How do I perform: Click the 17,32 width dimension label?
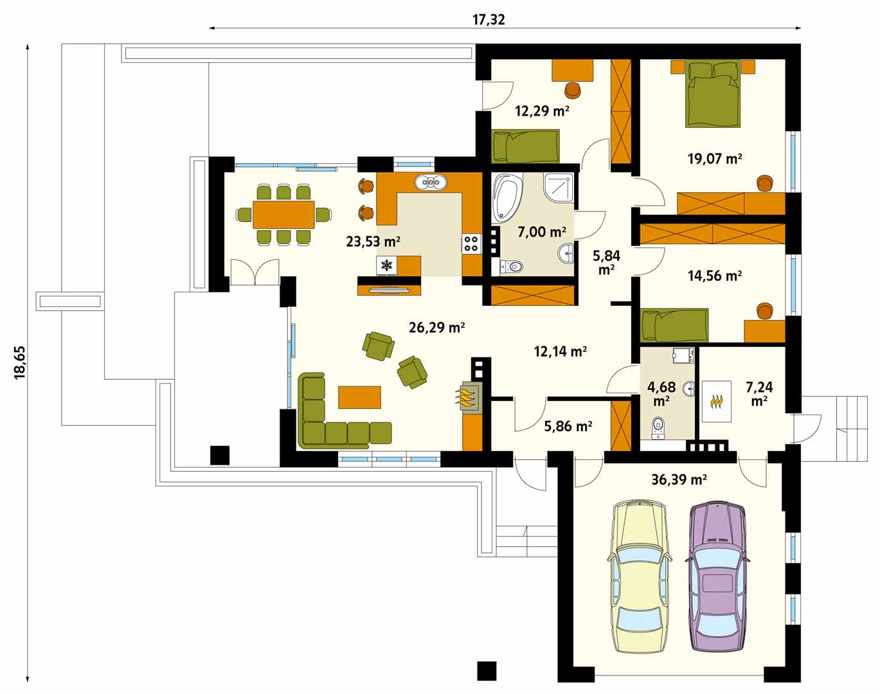pyautogui.click(x=489, y=20)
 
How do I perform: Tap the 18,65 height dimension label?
pyautogui.click(x=20, y=362)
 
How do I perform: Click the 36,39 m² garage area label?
pyautogui.click(x=679, y=479)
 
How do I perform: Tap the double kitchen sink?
pyautogui.click(x=430, y=182)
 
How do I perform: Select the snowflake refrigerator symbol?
pyautogui.click(x=386, y=265)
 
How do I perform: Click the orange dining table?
pyautogui.click(x=283, y=214)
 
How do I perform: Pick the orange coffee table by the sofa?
pyautogui.click(x=359, y=397)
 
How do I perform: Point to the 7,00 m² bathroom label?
pyautogui.click(x=541, y=232)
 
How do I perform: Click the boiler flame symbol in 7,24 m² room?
pyautogui.click(x=717, y=402)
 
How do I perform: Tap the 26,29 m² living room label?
pyautogui.click(x=436, y=328)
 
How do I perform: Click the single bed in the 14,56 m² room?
pyautogui.click(x=674, y=325)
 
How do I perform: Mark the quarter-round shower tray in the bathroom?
pyautogui.click(x=559, y=188)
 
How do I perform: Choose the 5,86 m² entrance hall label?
pyautogui.click(x=568, y=427)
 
